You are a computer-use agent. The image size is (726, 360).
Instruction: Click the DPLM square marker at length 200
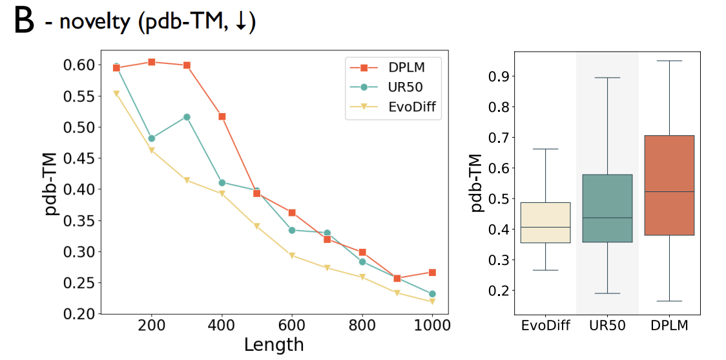(152, 62)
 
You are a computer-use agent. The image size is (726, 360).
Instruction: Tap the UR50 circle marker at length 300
(187, 117)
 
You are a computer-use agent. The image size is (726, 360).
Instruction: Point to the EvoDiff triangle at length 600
(292, 256)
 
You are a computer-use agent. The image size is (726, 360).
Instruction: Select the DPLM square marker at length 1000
(432, 272)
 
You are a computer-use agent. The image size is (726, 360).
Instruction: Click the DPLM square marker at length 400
(222, 116)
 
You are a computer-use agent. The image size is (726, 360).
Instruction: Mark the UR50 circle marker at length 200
(152, 138)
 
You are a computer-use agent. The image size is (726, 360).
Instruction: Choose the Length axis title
(274, 345)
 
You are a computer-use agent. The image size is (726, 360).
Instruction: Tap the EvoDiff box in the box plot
(545, 223)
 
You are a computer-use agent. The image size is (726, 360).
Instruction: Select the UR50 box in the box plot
(607, 208)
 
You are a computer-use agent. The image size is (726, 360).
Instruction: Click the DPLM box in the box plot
(669, 185)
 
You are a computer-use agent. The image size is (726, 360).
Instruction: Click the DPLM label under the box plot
(669, 325)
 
